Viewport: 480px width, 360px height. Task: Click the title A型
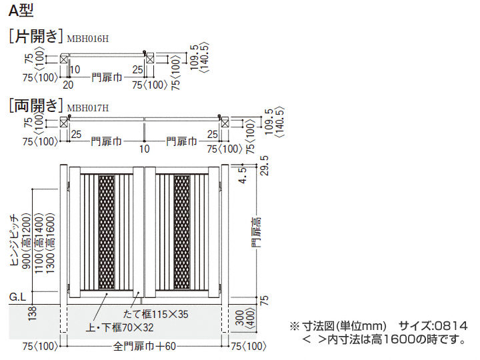[21, 10]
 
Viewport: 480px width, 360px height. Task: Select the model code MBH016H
[88, 39]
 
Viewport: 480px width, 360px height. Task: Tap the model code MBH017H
[88, 108]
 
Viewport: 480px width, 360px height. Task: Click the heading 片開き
[36, 36]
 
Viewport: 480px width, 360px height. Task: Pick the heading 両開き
[36, 105]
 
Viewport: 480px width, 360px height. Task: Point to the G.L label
[18, 297]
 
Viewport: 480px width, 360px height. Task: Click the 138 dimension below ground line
[32, 313]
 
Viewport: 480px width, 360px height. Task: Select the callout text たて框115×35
[156, 314]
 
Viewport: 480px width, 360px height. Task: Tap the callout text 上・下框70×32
[120, 327]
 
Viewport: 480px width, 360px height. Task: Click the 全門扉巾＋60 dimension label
[145, 346]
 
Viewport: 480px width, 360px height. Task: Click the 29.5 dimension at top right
[265, 165]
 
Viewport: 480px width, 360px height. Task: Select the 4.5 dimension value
[243, 175]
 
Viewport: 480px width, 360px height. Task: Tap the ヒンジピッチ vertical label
[15, 240]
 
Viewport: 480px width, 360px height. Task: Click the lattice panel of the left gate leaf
[107, 233]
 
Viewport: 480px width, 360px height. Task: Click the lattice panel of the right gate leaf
[182, 233]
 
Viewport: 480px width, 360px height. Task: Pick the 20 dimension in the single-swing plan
[68, 85]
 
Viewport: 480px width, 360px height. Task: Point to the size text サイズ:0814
[433, 326]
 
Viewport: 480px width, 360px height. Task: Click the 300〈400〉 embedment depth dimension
[245, 319]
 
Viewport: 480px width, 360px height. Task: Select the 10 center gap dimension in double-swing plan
[145, 149]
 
